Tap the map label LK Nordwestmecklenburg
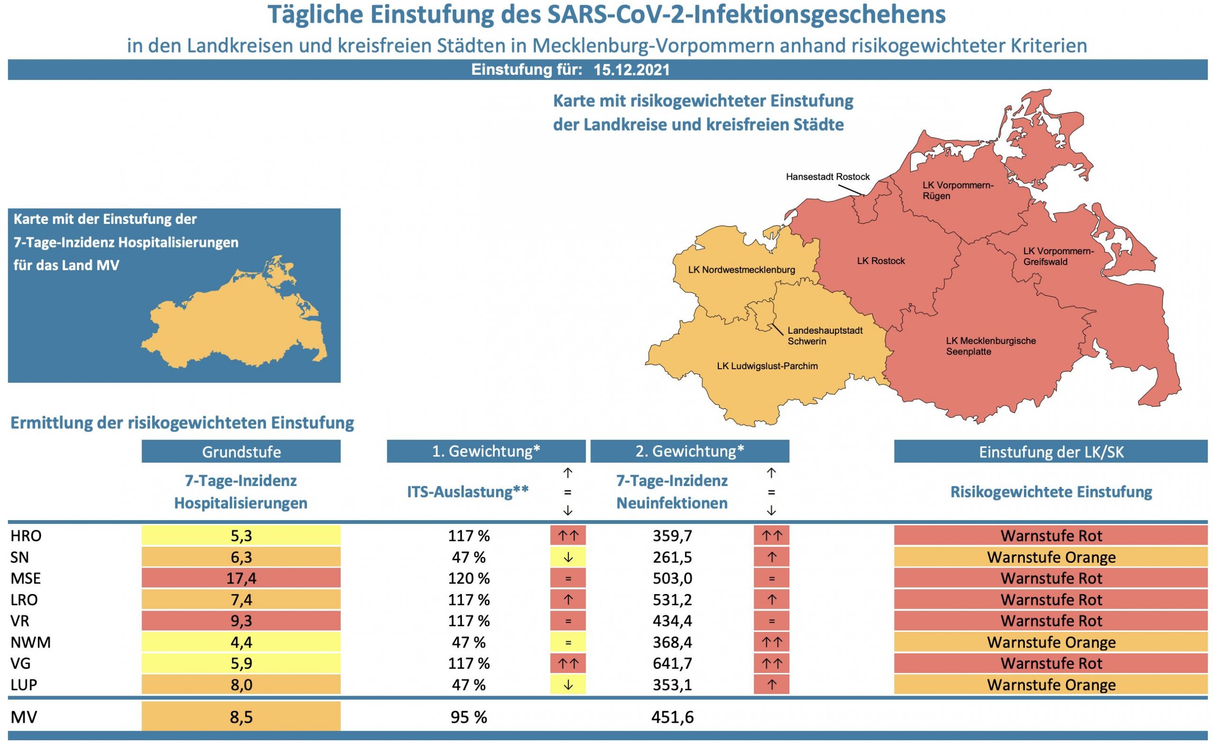[741, 270]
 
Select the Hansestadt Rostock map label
[827, 177]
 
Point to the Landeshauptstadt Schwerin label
[825, 336]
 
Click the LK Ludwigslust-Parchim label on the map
[767, 366]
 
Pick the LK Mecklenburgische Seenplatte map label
[990, 346]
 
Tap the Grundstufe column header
[241, 452]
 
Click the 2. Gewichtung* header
[689, 451]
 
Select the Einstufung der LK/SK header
[1050, 452]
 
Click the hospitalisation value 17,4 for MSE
[241, 578]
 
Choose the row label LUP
[23, 684]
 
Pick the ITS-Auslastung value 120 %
[468, 578]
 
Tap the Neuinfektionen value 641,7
[672, 663]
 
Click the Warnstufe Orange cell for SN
[1050, 557]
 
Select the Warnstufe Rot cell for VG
[1050, 663]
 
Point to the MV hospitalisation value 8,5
[241, 717]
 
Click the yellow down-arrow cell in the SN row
[567, 557]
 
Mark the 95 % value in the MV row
[468, 717]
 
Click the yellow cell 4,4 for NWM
[241, 642]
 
